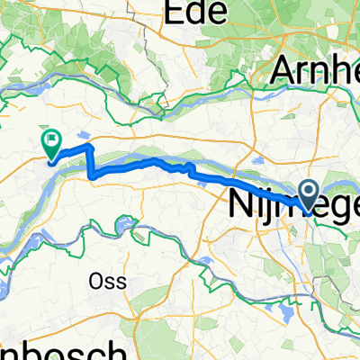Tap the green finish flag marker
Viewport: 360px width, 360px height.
50,141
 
